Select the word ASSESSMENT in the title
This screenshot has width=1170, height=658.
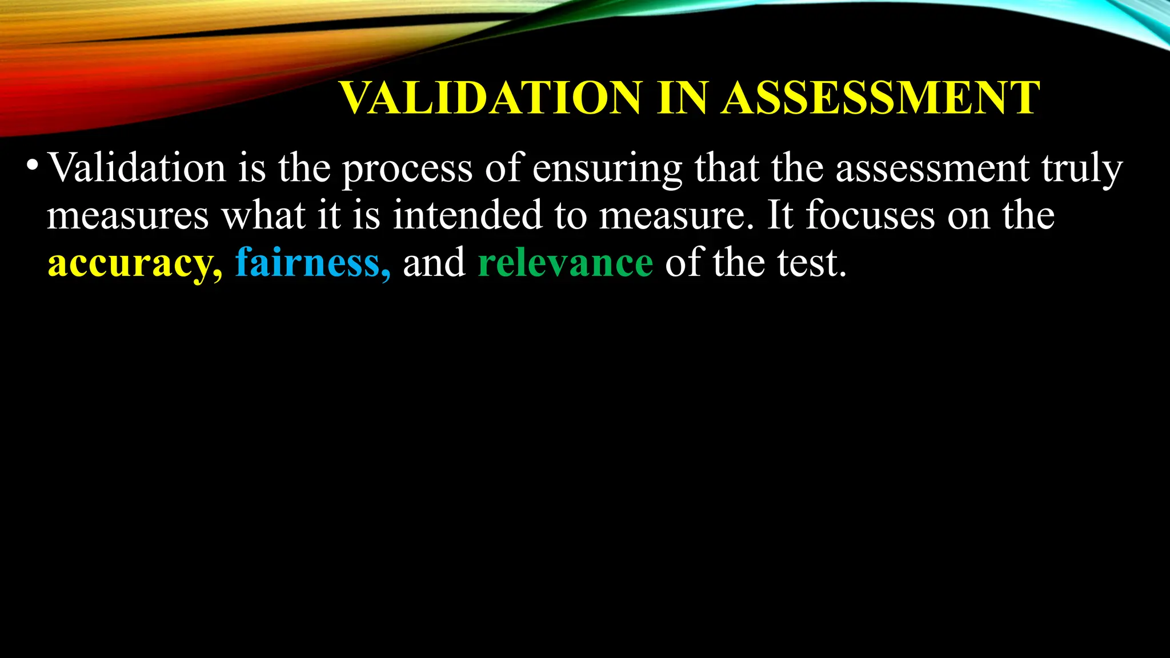(880, 98)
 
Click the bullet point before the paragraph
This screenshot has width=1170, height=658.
(33, 165)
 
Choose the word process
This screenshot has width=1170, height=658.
(407, 170)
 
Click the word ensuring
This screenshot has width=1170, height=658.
(607, 170)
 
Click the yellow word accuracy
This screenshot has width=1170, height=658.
(134, 263)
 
